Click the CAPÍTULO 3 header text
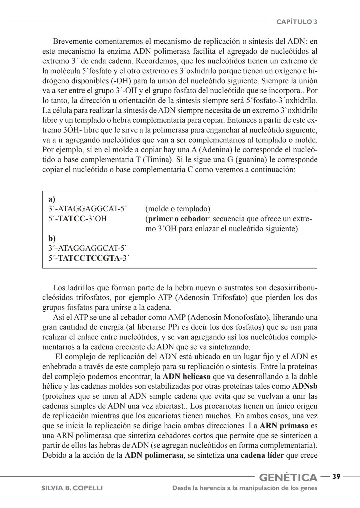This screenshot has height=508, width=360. [297, 22]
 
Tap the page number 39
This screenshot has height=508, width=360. [336, 477]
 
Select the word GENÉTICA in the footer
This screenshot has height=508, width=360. [288, 477]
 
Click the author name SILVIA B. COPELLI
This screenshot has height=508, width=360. [72, 488]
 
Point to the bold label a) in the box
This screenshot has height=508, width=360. [52, 199]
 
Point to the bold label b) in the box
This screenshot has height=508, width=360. [52, 238]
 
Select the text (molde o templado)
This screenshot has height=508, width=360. [178, 209]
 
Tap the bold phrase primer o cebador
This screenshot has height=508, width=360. [178, 219]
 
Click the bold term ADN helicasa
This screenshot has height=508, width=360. [187, 377]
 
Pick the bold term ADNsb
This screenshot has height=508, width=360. [305, 386]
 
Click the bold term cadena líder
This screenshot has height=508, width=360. [262, 455]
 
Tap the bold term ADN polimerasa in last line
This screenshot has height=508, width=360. [154, 455]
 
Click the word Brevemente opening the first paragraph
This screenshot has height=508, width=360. [73, 42]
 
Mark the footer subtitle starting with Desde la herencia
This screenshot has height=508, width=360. [245, 488]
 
